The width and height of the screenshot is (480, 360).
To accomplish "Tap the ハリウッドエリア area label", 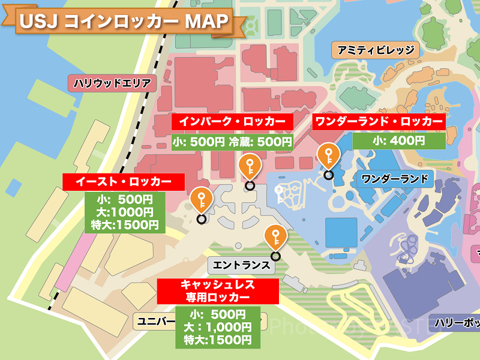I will pos(112,83).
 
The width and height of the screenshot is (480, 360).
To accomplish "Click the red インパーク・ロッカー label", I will pos(233,121).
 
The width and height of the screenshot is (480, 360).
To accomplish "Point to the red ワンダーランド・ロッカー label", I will pos(379,121).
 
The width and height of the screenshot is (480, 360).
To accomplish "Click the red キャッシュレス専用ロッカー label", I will pos(218,290).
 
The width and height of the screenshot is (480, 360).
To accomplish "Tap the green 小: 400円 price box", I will pos(398,141).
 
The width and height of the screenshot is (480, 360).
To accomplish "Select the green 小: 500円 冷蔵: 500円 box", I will pos(232,142).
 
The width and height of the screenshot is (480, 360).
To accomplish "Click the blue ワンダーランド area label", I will pos(394,178).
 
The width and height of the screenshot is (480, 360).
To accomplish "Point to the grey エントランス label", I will pos(240,265).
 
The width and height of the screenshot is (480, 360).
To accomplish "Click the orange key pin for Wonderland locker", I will pos(328,158).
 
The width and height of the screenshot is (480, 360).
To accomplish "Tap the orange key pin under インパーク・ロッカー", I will pos(250,167).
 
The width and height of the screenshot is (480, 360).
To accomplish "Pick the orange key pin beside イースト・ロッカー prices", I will pos(201,200).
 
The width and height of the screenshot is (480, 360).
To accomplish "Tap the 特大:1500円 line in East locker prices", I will pos(123,225).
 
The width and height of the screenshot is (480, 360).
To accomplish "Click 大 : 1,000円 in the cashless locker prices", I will pos(218,327).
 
